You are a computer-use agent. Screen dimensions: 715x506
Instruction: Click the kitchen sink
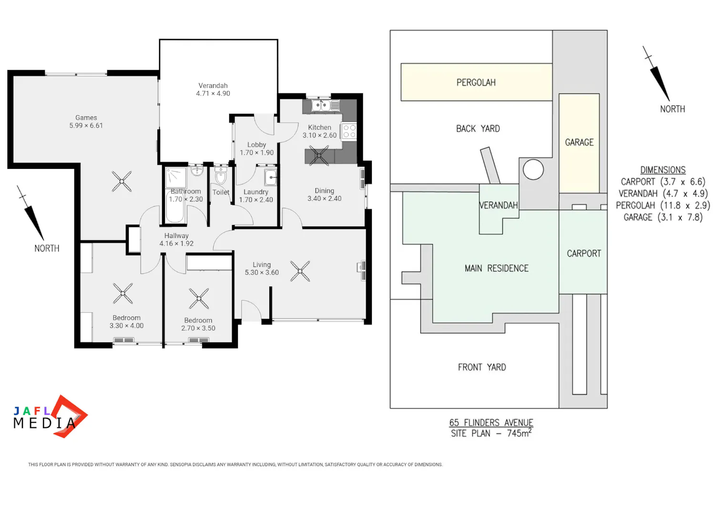click(326, 105)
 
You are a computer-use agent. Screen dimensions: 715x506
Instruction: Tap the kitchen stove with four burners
click(349, 131)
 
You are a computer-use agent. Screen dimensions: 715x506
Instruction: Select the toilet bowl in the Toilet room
click(221, 176)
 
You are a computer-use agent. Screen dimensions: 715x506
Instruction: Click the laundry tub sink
click(270, 177)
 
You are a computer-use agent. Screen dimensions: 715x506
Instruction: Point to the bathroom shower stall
click(175, 177)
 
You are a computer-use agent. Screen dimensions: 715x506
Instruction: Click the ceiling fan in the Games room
click(122, 181)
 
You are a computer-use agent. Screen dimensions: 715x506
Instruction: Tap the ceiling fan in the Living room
click(300, 271)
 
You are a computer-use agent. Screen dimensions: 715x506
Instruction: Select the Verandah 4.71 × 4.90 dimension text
click(213, 93)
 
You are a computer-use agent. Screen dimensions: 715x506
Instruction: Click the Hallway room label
click(176, 236)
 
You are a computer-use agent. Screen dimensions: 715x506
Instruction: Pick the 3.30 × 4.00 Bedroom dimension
click(126, 326)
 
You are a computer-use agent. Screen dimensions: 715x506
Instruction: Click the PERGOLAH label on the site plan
click(476, 83)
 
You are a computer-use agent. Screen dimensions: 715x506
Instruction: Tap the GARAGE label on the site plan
click(579, 143)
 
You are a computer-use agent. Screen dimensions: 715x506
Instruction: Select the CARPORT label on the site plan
click(584, 254)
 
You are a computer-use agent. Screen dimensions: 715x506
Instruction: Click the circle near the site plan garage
click(533, 170)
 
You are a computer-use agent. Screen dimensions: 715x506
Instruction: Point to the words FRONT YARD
click(482, 367)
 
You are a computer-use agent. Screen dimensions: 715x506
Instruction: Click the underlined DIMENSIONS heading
click(663, 170)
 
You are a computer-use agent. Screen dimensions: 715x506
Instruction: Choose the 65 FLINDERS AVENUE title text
click(491, 423)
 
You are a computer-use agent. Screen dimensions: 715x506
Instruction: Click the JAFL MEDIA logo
click(51, 417)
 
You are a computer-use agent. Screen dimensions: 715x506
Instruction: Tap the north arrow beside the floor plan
click(31, 213)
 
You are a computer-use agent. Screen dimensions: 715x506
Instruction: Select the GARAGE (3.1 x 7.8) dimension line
click(663, 217)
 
